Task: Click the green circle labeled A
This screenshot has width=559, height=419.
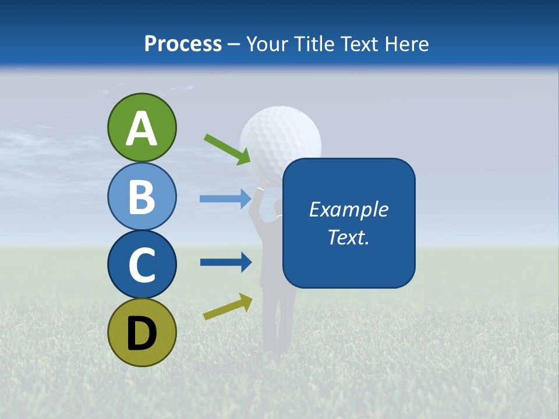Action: tap(141, 127)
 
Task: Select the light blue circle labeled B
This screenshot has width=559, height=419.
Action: tap(141, 196)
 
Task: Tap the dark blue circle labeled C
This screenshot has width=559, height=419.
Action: tap(141, 264)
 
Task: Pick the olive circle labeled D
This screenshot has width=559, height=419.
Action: tap(141, 332)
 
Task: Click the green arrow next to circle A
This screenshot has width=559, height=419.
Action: tap(227, 149)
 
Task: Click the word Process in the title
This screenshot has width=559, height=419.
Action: tap(183, 44)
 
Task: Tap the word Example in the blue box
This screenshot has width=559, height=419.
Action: tap(349, 210)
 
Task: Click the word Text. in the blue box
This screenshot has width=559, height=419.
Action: tap(349, 237)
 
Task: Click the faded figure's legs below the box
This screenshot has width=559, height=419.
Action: tap(278, 320)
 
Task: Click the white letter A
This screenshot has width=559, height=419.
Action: tap(141, 129)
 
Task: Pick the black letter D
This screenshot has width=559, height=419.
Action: tap(141, 333)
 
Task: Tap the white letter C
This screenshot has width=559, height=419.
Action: tap(141, 265)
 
